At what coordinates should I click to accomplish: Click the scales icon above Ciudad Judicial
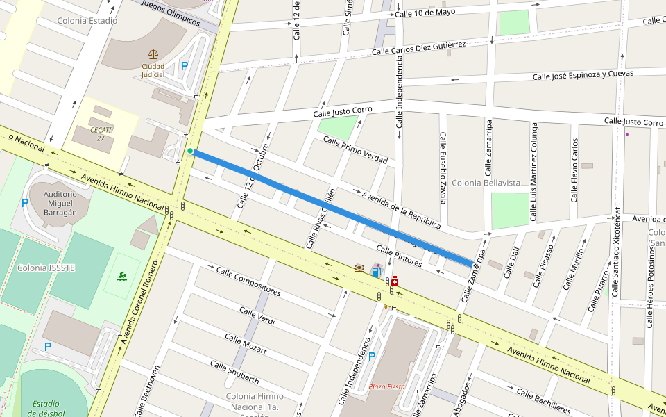point(153,54)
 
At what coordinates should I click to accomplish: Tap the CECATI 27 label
point(101,133)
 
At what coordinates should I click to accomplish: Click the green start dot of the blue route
point(190,151)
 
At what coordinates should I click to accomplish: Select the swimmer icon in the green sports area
point(122,276)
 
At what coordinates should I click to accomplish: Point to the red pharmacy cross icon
point(394,281)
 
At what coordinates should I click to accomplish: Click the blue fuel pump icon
point(376,271)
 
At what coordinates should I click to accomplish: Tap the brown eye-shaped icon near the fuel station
point(359,268)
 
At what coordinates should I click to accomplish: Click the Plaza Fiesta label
point(386,386)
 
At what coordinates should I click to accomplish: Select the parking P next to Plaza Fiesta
point(371,357)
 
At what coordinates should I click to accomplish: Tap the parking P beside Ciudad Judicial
point(184,66)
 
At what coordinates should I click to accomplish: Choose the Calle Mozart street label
point(246,343)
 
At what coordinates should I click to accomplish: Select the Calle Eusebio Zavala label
point(442,168)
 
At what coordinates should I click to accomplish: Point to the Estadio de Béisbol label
point(46,409)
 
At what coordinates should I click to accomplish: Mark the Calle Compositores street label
point(248,281)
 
